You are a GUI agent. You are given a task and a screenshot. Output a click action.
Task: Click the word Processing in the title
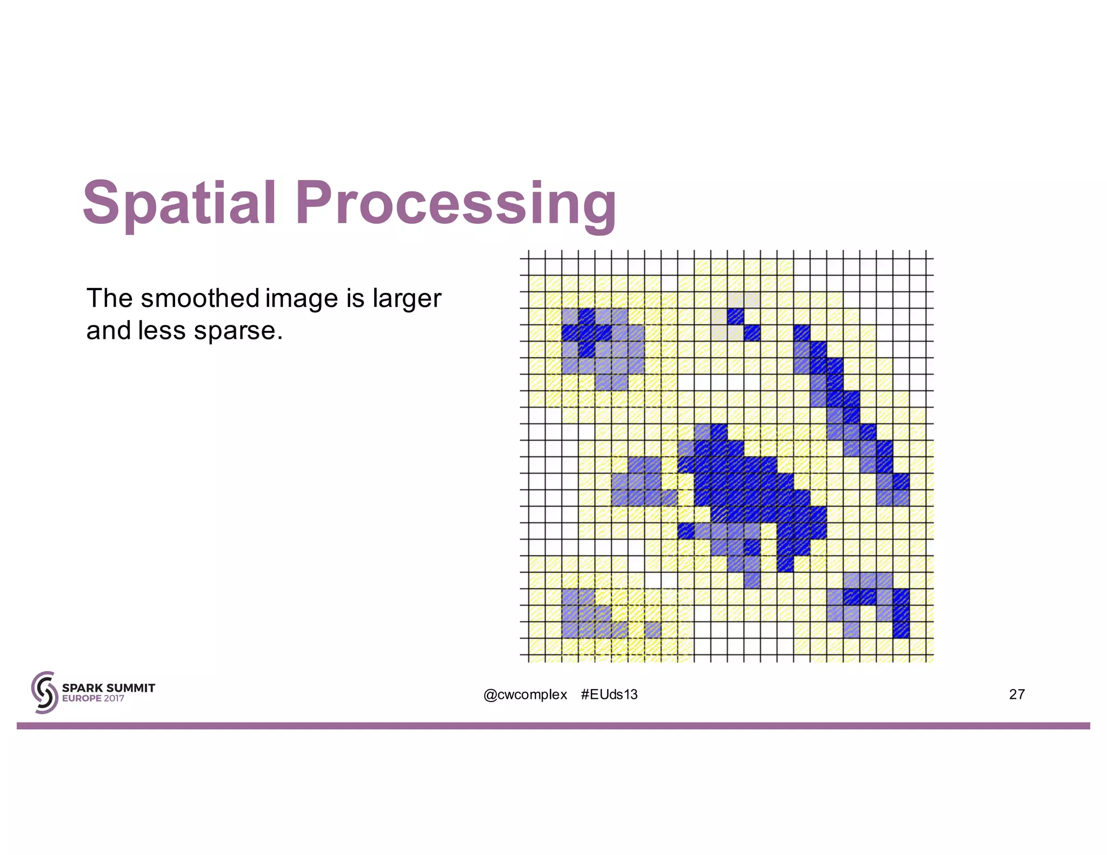pyautogui.click(x=455, y=204)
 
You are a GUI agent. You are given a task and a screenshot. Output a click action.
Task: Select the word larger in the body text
pyautogui.click(x=406, y=299)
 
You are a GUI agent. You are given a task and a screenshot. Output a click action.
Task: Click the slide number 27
pyautogui.click(x=1016, y=694)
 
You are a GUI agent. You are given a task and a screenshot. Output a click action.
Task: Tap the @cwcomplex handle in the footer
pyautogui.click(x=525, y=694)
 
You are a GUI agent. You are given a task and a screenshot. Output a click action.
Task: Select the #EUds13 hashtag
pyautogui.click(x=609, y=694)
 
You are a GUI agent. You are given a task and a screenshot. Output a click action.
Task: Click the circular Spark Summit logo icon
pyautogui.click(x=44, y=692)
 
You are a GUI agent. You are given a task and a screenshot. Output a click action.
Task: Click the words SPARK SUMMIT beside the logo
pyautogui.click(x=108, y=687)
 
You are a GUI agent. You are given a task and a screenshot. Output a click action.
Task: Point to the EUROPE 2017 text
pyautogui.click(x=93, y=698)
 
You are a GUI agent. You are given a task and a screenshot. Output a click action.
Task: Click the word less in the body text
pyautogui.click(x=162, y=331)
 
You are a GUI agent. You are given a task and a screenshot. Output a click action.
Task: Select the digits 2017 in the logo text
pyautogui.click(x=114, y=698)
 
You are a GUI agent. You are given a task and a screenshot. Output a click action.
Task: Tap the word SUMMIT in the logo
pyautogui.click(x=131, y=687)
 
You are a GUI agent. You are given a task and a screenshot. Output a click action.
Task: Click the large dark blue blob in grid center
pyautogui.click(x=751, y=489)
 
